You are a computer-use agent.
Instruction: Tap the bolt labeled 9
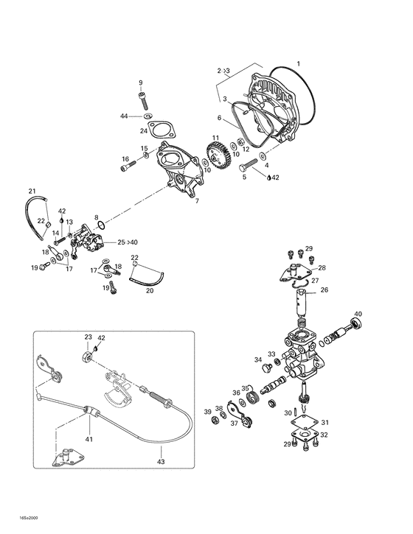[142, 97]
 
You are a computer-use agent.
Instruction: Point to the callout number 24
[145, 131]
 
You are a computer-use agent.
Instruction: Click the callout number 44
[125, 116]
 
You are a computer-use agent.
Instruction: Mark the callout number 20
[150, 291]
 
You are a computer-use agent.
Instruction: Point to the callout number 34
[258, 360]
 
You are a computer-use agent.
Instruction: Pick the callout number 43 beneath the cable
[161, 462]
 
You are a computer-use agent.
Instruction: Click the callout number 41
[90, 439]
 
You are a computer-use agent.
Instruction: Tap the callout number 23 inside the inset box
[88, 337]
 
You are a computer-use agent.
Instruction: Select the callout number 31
[325, 422]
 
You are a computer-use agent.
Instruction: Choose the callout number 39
[208, 411]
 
